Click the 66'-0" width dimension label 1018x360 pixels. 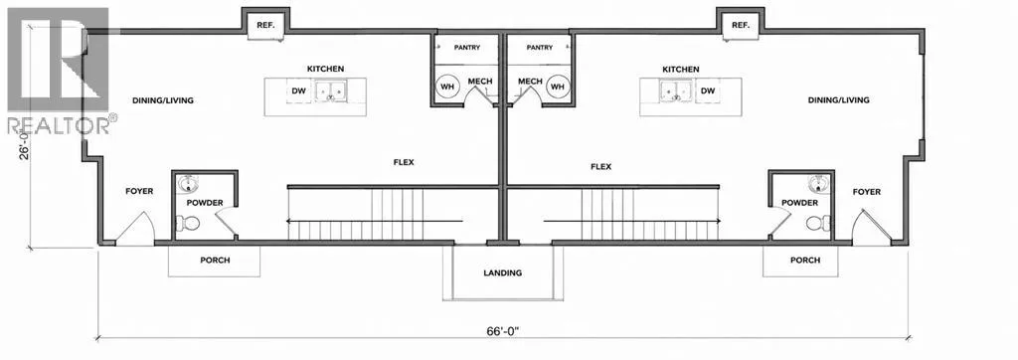(x=503, y=331)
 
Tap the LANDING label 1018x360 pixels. (x=502, y=272)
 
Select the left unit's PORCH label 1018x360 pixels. (x=215, y=260)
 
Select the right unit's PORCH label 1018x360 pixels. (x=805, y=260)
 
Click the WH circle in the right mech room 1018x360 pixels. (x=557, y=87)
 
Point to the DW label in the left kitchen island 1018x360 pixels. (x=298, y=90)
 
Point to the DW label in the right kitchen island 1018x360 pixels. (x=708, y=90)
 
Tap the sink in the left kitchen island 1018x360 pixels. (x=331, y=91)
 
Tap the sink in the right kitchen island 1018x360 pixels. (x=676, y=91)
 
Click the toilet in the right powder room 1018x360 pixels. (x=818, y=223)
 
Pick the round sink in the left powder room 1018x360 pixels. (x=189, y=184)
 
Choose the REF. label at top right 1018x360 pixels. (x=741, y=25)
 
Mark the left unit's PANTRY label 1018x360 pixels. (x=467, y=48)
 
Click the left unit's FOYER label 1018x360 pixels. (x=139, y=191)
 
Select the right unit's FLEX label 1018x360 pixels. (x=601, y=166)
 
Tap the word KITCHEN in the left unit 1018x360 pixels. (x=326, y=69)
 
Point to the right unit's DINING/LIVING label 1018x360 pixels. (x=839, y=100)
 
